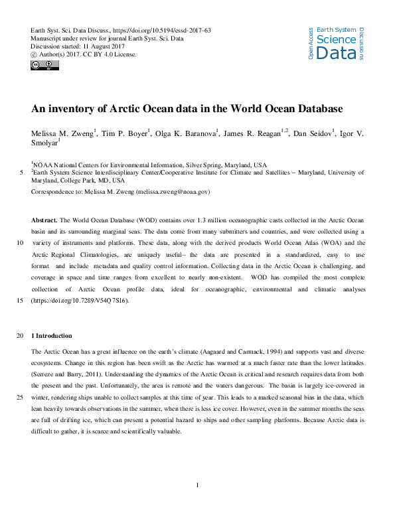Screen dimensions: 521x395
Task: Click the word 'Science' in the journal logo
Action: point(336,40)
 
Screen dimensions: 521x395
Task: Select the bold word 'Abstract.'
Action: point(44,219)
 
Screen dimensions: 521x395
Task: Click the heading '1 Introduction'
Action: point(52,335)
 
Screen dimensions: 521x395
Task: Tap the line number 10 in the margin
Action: point(23,243)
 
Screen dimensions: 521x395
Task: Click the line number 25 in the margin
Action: point(23,397)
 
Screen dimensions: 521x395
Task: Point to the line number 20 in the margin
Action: point(23,335)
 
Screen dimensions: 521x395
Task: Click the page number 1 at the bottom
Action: point(198,485)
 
